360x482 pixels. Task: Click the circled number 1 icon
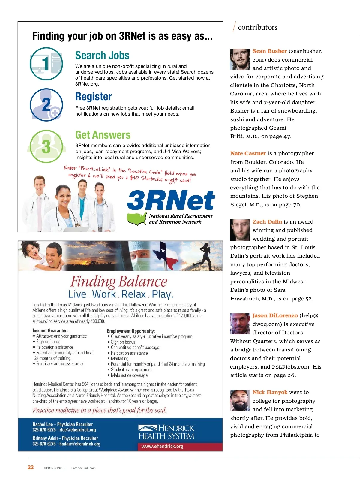[46, 64]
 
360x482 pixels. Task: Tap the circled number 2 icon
[46, 105]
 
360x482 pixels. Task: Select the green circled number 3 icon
[46, 146]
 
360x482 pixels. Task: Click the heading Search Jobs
[102, 56]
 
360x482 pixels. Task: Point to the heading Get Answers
[103, 135]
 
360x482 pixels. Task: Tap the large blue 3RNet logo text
[171, 200]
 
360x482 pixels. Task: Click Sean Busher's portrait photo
[240, 59]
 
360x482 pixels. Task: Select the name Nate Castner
[248, 153]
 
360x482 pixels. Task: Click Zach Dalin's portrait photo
[240, 230]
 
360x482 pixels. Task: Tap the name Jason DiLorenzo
[275, 315]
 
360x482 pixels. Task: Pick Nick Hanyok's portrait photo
[240, 400]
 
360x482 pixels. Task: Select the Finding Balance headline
[119, 282]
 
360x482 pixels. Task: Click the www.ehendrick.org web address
[162, 447]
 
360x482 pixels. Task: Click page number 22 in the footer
[31, 467]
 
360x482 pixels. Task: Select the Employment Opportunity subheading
[131, 331]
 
